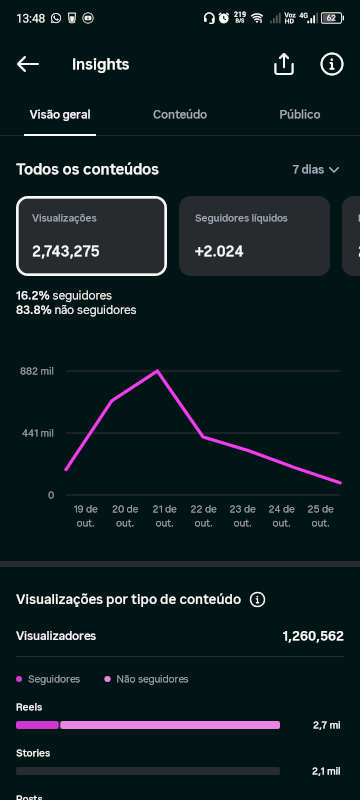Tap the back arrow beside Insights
(28, 64)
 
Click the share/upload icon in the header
(284, 64)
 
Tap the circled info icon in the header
(332, 64)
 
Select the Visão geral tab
(60, 114)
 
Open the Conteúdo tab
(180, 114)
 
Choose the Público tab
(300, 114)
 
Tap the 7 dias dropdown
(316, 169)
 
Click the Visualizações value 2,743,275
(66, 252)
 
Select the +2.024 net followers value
(219, 252)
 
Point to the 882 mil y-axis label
(37, 371)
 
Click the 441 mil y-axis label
(37, 433)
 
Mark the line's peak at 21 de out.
(158, 370)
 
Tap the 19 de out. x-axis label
(86, 516)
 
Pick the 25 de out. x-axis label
(320, 516)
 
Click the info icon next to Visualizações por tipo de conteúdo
(258, 599)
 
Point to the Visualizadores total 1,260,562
(313, 636)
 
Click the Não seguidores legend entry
(146, 679)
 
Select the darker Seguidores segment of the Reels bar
(37, 725)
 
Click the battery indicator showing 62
(332, 18)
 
